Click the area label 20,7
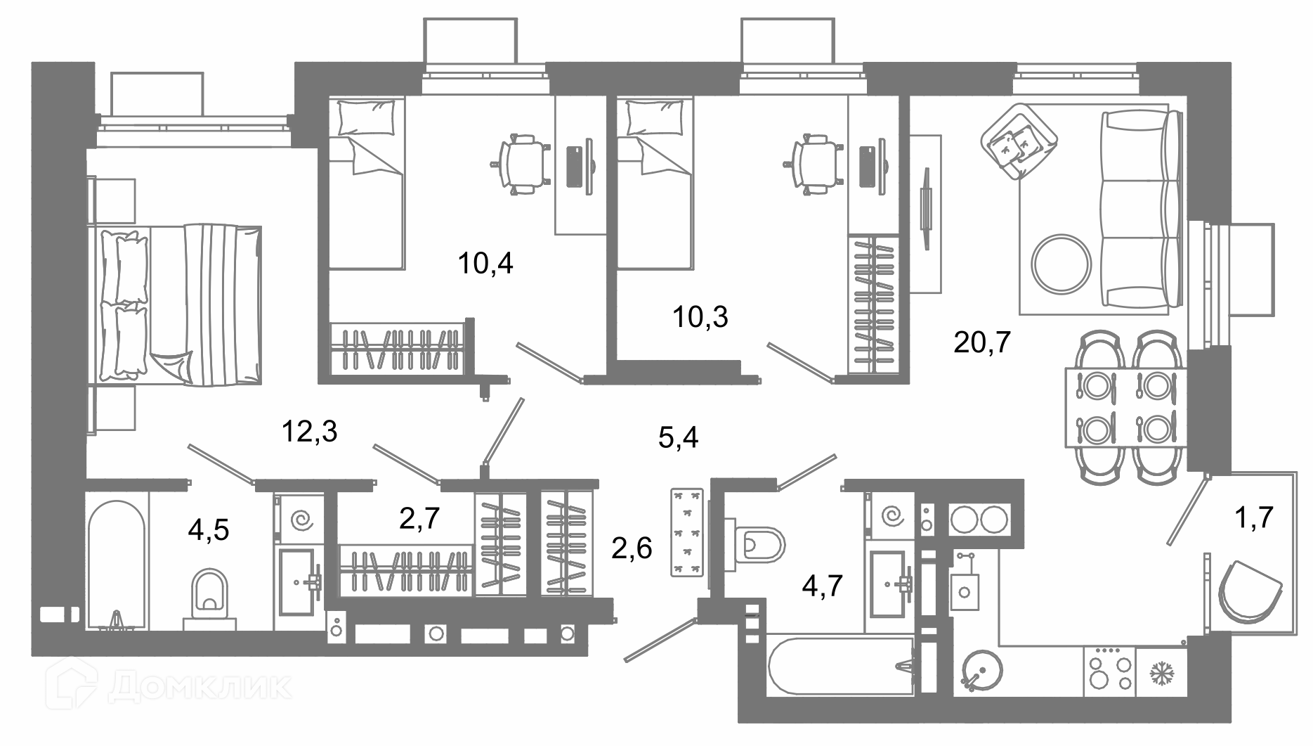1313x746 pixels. (982, 343)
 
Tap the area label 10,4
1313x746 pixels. (485, 264)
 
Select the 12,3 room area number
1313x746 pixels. (309, 432)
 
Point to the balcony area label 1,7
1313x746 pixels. (1254, 517)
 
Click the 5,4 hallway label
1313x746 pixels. (679, 438)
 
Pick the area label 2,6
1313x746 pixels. (632, 548)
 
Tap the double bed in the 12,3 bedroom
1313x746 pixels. (175, 305)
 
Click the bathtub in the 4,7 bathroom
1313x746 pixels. (842, 668)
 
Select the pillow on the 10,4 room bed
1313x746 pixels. (365, 117)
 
